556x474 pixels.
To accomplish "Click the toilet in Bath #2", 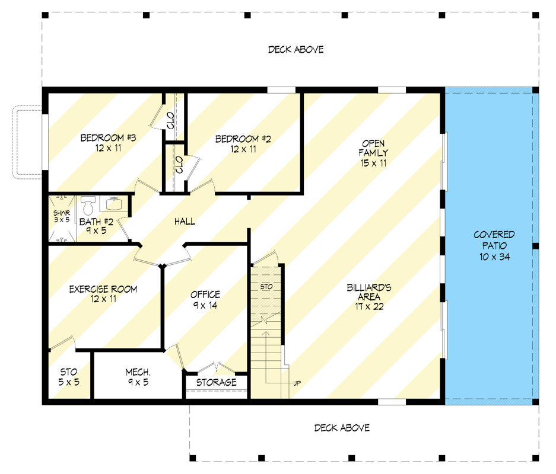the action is tap(88, 206).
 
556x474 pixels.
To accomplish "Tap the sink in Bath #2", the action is tap(114, 204).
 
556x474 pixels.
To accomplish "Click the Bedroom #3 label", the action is tap(108, 143).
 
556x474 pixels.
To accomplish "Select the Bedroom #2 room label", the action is tap(243, 144).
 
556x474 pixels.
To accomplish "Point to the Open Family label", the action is tap(373, 153).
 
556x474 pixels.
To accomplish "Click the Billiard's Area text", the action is tap(368, 297).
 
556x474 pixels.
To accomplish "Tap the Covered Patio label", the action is tap(494, 246).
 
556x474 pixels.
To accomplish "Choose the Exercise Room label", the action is tap(103, 294).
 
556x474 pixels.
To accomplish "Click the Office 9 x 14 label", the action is tap(205, 300).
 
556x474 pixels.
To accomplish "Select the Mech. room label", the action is tap(138, 377).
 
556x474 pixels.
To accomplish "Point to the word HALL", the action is tap(185, 222).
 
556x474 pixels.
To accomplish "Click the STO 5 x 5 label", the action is tap(69, 377).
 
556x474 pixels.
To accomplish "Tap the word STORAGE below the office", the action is tap(217, 382).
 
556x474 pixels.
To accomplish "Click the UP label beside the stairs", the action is tap(297, 383).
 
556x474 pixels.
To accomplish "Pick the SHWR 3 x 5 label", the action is tap(62, 216).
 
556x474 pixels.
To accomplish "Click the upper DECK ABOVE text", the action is tap(296, 50).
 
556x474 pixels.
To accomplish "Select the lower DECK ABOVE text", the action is tap(342, 428).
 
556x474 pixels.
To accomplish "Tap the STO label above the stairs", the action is tap(266, 287).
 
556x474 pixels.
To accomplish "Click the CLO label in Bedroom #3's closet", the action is tap(170, 120).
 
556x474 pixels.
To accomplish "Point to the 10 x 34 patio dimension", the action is tap(494, 257).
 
